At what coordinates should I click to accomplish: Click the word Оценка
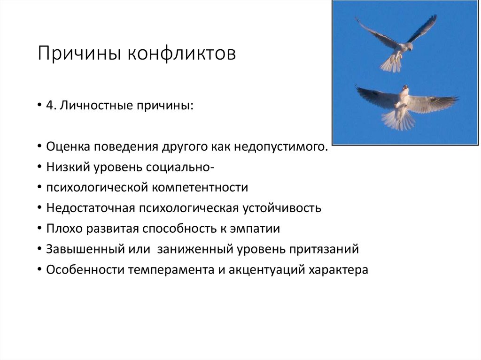[69, 147]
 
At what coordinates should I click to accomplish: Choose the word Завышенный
[85, 249]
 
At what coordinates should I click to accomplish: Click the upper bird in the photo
[397, 45]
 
